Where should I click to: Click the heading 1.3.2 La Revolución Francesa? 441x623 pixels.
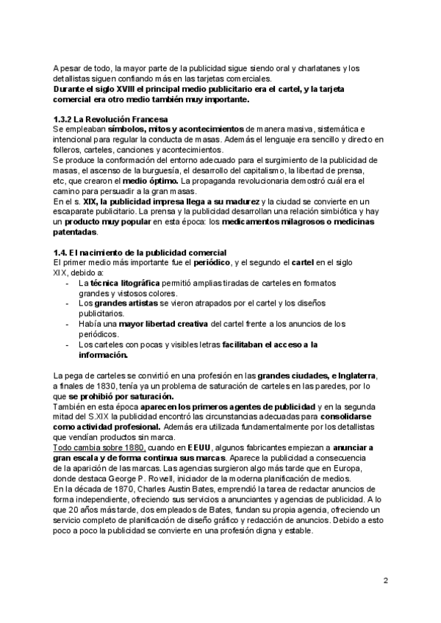click(x=110, y=119)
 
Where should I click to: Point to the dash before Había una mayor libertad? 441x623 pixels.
click(x=68, y=323)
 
